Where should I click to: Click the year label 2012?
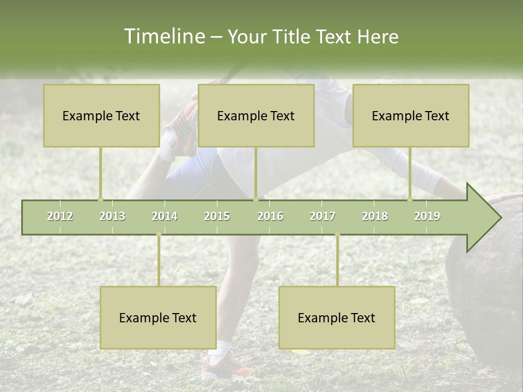[x=60, y=216]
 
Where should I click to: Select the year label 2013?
[x=112, y=216]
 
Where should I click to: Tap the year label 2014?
[x=165, y=216]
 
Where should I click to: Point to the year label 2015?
[x=217, y=216]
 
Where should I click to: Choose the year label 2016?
[x=270, y=216]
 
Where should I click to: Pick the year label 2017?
[x=323, y=216]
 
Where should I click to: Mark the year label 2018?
[x=375, y=216]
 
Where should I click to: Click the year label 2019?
[x=427, y=216]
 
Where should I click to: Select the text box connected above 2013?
[x=101, y=115]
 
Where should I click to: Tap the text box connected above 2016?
[x=256, y=115]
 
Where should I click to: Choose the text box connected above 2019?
[x=411, y=115]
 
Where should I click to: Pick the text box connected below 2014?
[x=158, y=317]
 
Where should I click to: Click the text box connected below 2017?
[x=337, y=317]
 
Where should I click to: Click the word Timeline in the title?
[x=163, y=36]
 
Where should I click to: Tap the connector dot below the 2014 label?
[x=159, y=234]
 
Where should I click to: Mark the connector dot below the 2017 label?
[x=337, y=234]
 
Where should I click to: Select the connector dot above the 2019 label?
[x=410, y=199]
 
